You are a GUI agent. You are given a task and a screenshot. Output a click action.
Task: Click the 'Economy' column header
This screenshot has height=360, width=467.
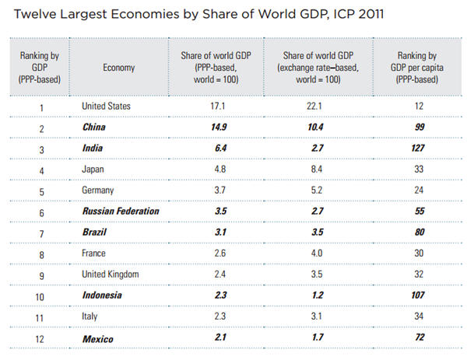point(118,68)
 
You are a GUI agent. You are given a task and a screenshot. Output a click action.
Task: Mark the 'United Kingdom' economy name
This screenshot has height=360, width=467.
point(111,274)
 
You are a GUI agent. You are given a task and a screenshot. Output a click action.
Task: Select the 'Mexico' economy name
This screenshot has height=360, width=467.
point(98,339)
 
